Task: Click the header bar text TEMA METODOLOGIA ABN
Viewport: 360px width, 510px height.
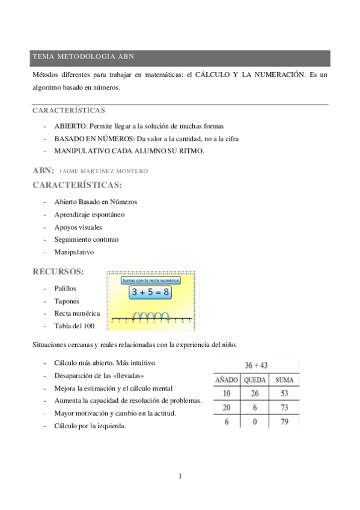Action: tap(83, 57)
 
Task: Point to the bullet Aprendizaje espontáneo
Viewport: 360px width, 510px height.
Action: tap(90, 214)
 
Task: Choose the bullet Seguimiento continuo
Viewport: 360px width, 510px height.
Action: tap(86, 239)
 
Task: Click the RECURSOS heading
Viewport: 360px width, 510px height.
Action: tap(58, 272)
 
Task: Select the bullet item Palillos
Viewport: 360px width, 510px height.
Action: tap(65, 289)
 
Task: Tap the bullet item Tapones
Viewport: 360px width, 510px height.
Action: tap(66, 301)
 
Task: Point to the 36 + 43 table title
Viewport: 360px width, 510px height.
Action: tap(256, 366)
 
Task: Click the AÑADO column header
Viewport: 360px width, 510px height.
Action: tap(227, 380)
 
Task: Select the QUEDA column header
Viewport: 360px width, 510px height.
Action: tap(255, 380)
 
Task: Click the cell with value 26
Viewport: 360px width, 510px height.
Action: tap(255, 393)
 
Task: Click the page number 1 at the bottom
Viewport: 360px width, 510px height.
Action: tap(180, 477)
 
